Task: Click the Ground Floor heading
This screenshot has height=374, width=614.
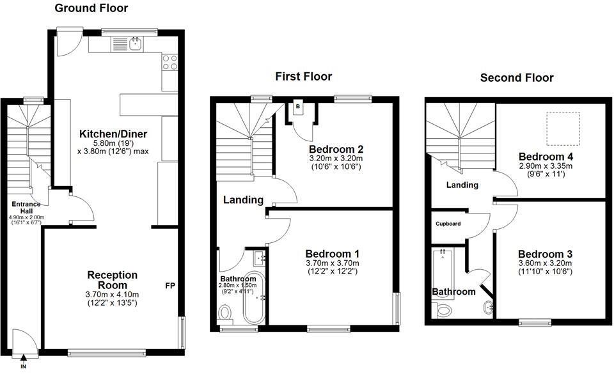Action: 91,8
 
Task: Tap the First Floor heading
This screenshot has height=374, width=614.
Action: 303,77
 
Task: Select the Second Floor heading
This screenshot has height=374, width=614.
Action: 517,78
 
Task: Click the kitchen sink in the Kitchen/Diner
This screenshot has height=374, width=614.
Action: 135,43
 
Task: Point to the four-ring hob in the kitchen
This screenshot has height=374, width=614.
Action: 170,62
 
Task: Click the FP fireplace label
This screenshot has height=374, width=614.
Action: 169,285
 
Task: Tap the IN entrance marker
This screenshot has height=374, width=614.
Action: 24,368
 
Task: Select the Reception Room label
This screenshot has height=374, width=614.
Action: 113,280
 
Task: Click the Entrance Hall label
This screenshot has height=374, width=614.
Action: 26,208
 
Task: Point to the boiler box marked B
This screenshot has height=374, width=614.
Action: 298,107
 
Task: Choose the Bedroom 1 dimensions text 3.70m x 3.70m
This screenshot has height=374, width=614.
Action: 332,263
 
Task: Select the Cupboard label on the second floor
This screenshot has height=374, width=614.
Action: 448,224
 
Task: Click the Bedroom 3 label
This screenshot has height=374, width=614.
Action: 545,253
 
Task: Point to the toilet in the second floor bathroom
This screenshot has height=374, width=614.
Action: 444,311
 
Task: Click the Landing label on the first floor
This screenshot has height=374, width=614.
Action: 243,200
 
